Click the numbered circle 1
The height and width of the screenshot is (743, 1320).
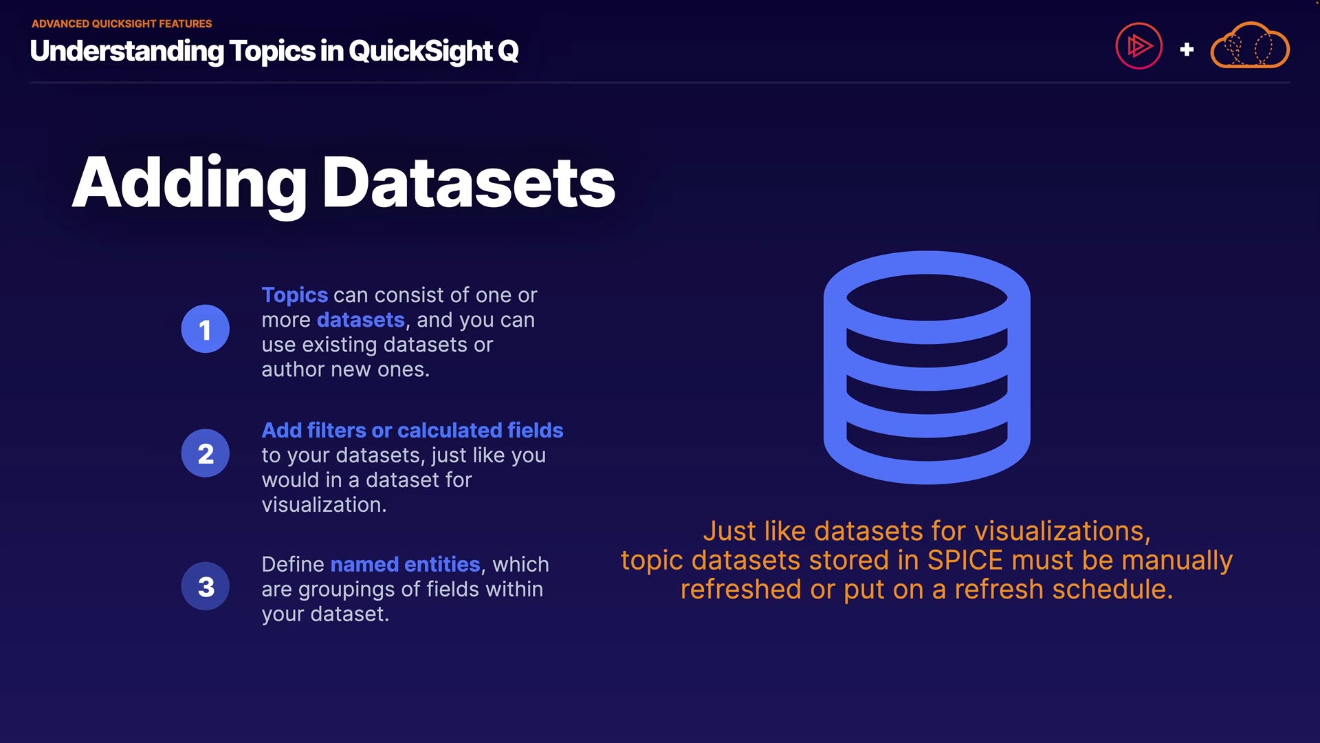point(206,329)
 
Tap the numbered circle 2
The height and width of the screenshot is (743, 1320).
point(206,453)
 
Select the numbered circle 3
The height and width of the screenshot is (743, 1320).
point(206,586)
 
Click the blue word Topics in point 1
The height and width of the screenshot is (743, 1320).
point(295,295)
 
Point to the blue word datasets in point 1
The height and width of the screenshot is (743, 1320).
point(361,320)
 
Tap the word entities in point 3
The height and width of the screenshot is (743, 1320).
point(442,564)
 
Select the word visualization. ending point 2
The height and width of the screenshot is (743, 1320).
point(324,504)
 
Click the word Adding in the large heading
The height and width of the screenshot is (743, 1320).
point(190,183)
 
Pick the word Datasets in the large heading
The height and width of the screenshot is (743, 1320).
point(469,183)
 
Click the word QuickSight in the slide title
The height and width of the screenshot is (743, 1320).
point(420,51)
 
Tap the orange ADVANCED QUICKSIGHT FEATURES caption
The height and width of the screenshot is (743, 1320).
point(122,23)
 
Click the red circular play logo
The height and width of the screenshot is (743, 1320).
point(1138,46)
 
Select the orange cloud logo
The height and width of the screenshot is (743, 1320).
point(1249,45)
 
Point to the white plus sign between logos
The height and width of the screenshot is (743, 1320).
point(1187,50)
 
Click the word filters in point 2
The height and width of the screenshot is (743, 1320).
point(336,430)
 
